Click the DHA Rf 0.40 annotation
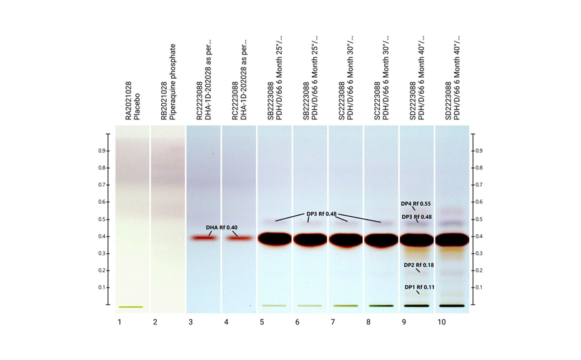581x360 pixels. (221, 227)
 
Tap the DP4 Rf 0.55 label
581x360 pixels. (415, 204)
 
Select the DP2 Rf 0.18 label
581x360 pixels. (419, 266)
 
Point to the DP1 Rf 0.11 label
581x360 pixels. (419, 287)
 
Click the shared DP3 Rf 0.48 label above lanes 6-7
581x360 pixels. (321, 214)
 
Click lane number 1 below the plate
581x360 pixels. (119, 322)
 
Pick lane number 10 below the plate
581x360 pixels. (441, 322)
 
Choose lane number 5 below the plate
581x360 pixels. (262, 322)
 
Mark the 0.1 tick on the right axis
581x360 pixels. (480, 287)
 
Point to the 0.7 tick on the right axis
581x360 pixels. (480, 185)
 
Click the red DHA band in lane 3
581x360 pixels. (204, 238)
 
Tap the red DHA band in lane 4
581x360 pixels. (239, 238)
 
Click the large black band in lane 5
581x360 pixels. (274, 239)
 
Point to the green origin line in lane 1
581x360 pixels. (131, 307)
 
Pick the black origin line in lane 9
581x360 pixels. (417, 306)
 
